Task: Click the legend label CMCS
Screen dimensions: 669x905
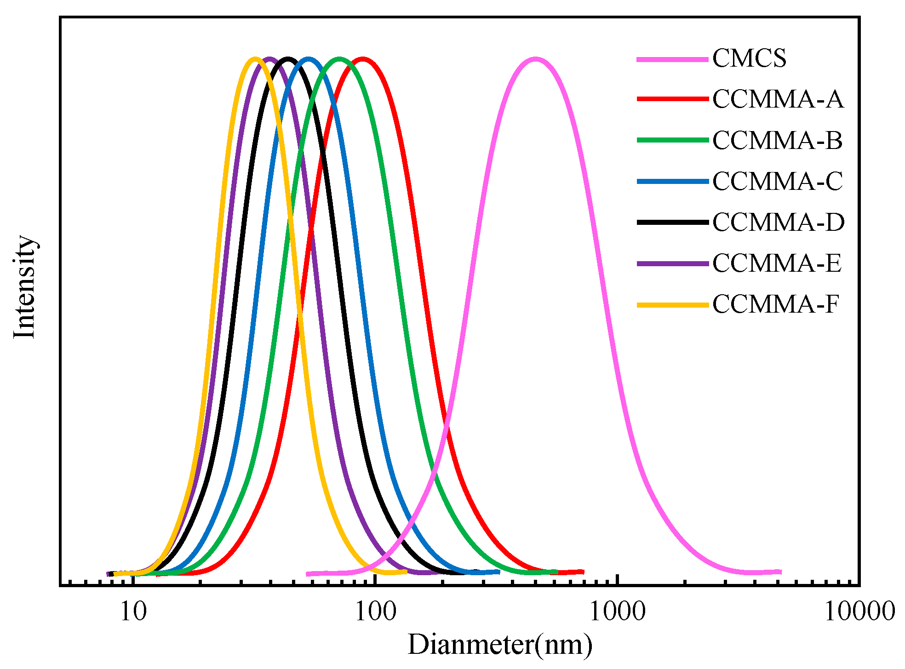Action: click(x=749, y=59)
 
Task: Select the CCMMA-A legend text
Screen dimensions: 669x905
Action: click(x=778, y=100)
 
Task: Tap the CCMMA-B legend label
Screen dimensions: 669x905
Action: click(x=778, y=141)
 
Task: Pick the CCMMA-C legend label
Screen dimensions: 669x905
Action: click(x=778, y=182)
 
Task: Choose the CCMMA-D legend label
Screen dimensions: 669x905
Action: click(x=779, y=223)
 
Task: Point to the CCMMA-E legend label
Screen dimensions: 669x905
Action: click(x=777, y=263)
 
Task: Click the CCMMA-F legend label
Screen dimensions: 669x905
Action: click(x=776, y=304)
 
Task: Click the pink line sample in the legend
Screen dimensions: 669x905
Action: click(x=672, y=59)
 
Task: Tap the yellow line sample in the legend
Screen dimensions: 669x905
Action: click(x=672, y=305)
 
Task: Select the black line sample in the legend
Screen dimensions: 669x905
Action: click(x=672, y=223)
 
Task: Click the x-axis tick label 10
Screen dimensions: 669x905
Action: click(x=133, y=612)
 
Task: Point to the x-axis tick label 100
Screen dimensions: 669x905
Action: click(x=375, y=612)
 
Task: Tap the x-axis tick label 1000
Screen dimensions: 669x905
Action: click(x=617, y=612)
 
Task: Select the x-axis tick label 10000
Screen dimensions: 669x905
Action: click(x=859, y=612)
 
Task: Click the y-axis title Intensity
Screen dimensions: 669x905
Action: click(x=25, y=287)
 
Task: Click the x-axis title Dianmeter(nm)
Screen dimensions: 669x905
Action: click(x=500, y=645)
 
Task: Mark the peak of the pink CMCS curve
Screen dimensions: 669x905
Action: click(x=535, y=59)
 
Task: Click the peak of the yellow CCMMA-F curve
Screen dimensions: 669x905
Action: click(x=255, y=59)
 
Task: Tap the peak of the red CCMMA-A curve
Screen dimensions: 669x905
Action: click(x=363, y=59)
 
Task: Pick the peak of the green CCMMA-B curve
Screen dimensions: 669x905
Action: click(x=339, y=59)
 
